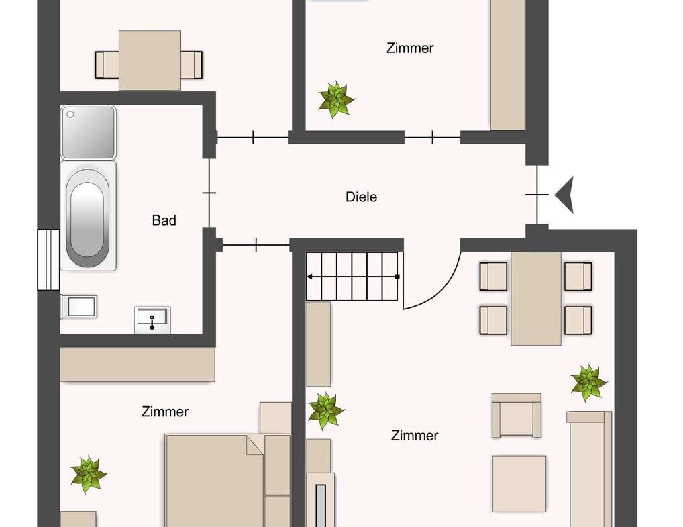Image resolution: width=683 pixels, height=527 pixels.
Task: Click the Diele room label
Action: point(361,197)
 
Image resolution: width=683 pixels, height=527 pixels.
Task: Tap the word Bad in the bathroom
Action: point(164,220)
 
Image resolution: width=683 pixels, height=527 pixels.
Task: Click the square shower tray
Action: point(88,132)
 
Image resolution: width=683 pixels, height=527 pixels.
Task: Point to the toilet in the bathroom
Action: point(78,307)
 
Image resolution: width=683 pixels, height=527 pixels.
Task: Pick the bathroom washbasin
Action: point(152,320)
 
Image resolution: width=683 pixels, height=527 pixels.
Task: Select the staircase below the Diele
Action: point(353,276)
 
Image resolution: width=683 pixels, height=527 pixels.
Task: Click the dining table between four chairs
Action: point(535,298)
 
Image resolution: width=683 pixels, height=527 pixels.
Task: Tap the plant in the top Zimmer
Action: point(335,99)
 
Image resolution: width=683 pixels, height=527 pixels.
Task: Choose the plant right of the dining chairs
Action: point(588,382)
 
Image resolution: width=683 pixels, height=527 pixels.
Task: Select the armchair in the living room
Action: point(516,416)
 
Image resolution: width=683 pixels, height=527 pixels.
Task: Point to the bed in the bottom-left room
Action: point(215,480)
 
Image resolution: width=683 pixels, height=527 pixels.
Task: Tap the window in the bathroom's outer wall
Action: point(48,260)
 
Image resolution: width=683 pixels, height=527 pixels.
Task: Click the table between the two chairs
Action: point(150,60)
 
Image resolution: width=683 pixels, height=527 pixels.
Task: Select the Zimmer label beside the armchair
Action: point(415,436)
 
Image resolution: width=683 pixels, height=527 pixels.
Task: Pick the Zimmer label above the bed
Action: point(165,412)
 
